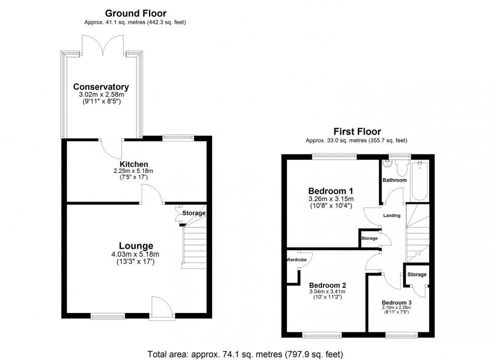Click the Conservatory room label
(x=101, y=86)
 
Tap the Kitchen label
(x=134, y=164)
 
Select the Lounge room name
(x=136, y=246)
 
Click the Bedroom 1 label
(x=330, y=191)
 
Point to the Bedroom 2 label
(x=327, y=285)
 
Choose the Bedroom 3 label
(x=396, y=302)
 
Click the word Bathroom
(x=394, y=180)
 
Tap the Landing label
(x=392, y=215)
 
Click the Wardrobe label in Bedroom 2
(x=297, y=260)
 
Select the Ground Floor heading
(x=136, y=13)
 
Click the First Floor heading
(x=357, y=131)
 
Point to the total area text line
(x=245, y=354)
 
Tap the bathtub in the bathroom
(x=420, y=181)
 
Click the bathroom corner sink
(x=387, y=164)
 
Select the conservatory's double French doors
(x=102, y=45)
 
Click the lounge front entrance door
(x=161, y=307)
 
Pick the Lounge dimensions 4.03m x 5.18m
(x=135, y=254)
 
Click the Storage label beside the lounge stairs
(x=194, y=213)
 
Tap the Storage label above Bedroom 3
(x=417, y=275)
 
